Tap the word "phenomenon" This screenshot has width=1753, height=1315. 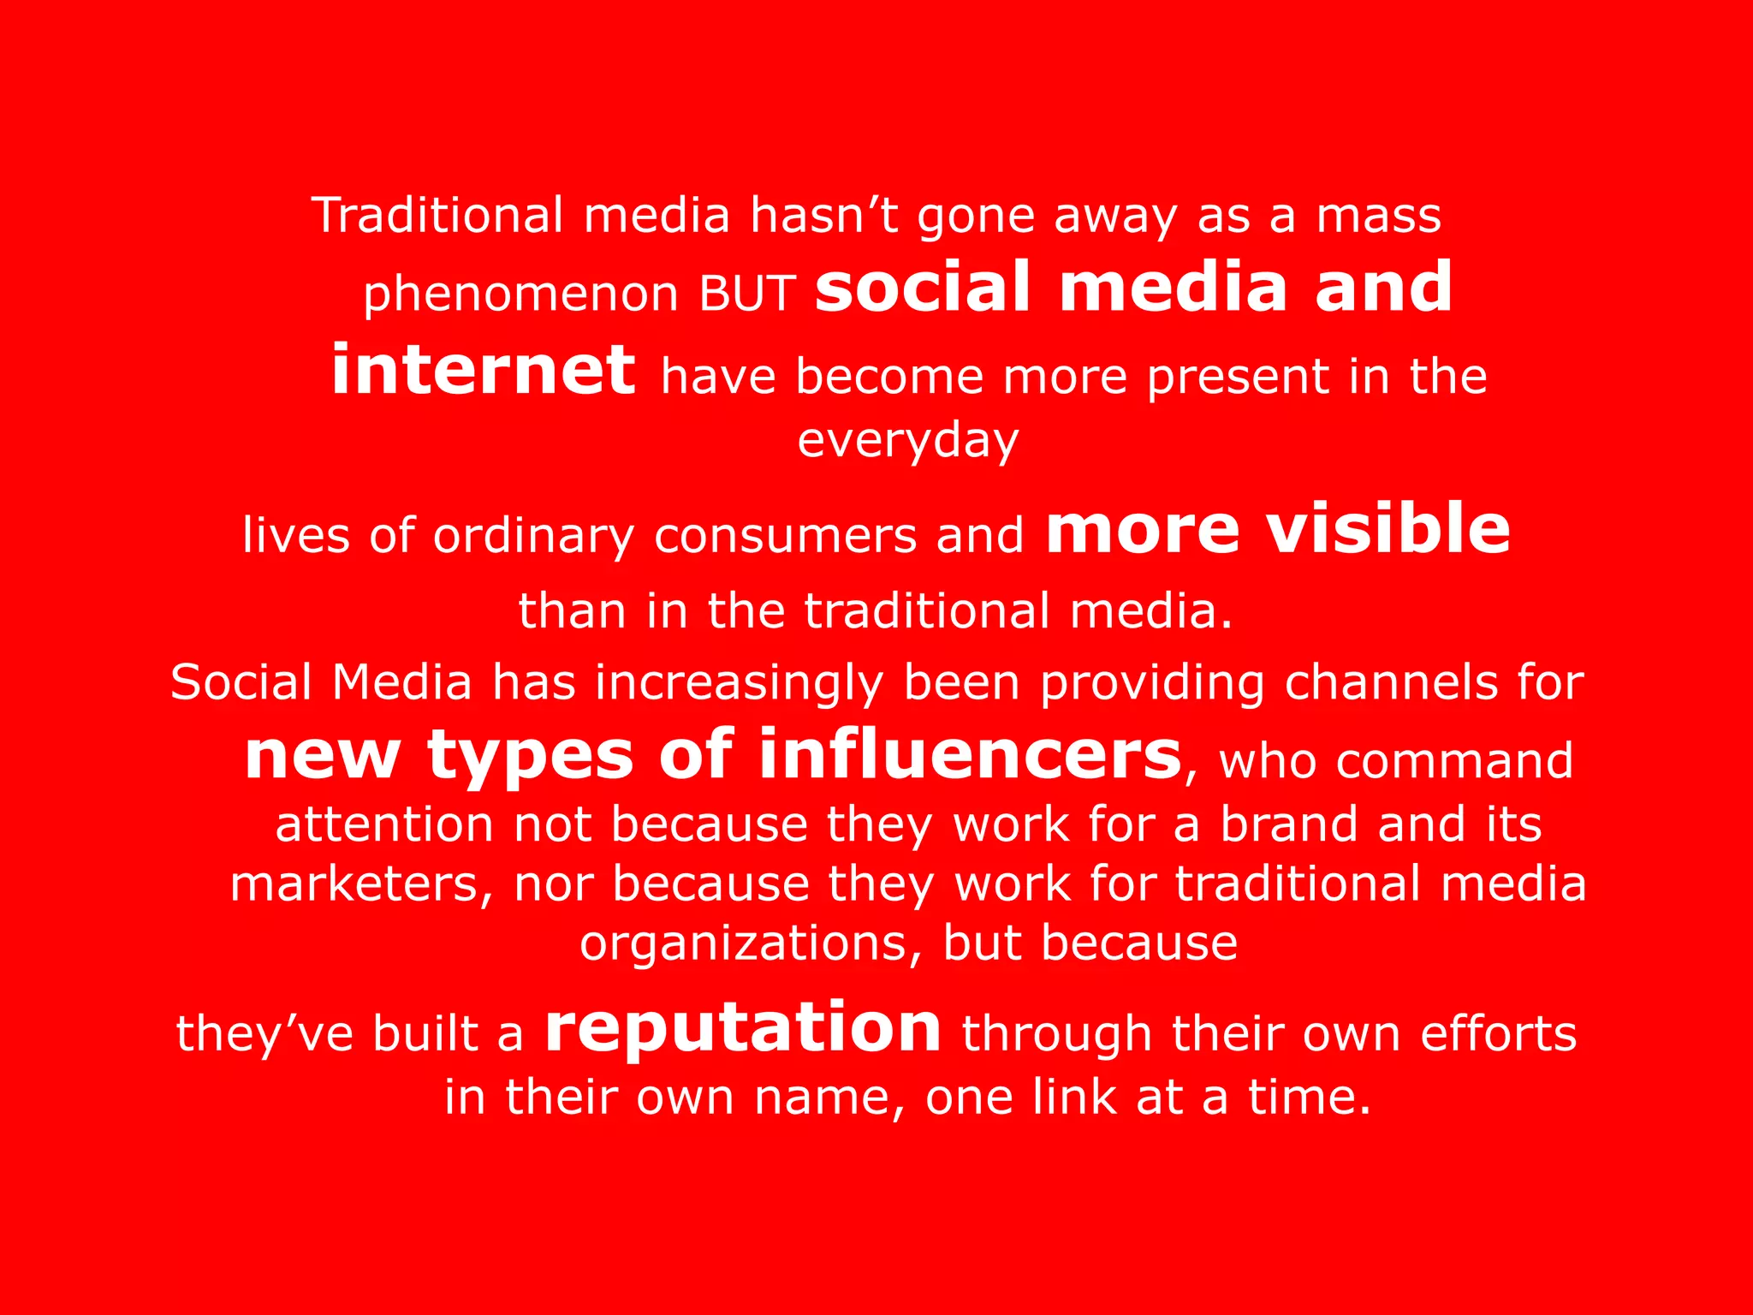(521, 295)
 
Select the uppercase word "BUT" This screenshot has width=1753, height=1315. (748, 294)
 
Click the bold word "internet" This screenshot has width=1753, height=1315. (484, 370)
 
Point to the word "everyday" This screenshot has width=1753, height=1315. (908, 442)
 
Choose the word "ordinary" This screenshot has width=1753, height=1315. (533, 537)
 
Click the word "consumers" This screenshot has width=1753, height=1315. (785, 536)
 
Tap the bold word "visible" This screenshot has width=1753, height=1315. (1388, 528)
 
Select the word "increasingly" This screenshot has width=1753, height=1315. (740, 684)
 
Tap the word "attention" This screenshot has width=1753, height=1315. (384, 824)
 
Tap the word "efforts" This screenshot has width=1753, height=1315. (1498, 1032)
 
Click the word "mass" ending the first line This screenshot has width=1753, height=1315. (1378, 215)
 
